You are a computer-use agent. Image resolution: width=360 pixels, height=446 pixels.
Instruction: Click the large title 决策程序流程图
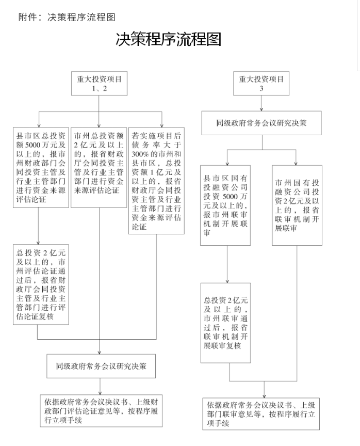click(x=169, y=39)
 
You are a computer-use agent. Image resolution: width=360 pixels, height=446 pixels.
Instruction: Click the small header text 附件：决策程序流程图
click(x=67, y=17)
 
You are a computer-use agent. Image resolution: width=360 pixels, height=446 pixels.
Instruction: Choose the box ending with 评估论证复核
click(x=40, y=284)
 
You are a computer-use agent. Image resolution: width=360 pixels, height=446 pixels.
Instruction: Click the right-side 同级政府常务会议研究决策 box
click(x=261, y=124)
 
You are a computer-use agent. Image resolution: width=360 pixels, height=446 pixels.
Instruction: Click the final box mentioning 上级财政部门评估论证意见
click(x=101, y=411)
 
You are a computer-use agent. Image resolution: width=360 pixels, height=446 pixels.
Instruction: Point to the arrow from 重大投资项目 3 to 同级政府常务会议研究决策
click(x=261, y=105)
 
